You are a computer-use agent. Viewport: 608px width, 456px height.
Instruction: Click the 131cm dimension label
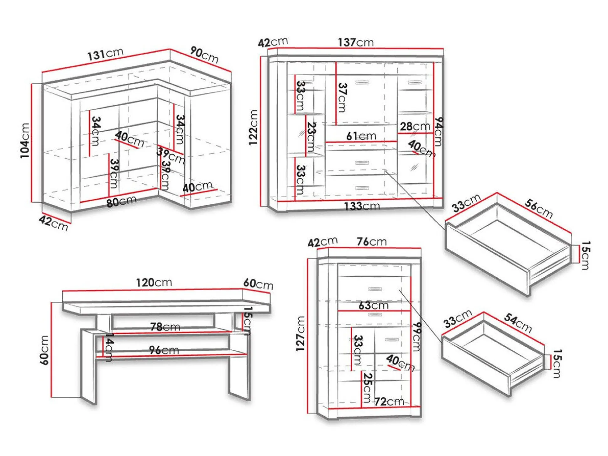tap(105, 54)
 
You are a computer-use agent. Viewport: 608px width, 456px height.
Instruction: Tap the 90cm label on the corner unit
tap(204, 55)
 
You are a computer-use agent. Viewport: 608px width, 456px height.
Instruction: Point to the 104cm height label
tap(25, 140)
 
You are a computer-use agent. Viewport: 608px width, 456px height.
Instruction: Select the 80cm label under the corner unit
tap(121, 201)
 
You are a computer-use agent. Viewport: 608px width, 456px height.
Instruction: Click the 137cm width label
tap(356, 42)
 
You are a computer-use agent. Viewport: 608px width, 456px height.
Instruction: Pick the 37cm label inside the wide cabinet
tap(342, 97)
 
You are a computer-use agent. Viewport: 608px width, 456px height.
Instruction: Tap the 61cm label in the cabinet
tap(361, 136)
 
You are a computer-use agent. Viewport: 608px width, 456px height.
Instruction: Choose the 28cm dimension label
tap(415, 126)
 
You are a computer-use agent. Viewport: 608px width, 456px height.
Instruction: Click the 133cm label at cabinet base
tap(362, 206)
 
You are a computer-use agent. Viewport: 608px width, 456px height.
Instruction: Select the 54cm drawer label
tap(518, 323)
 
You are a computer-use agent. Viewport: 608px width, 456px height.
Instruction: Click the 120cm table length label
tap(154, 282)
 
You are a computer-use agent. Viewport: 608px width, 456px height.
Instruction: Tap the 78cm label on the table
tap(165, 327)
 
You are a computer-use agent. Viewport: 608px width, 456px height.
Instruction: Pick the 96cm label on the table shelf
tap(164, 350)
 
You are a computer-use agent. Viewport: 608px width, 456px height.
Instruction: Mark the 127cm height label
tap(300, 333)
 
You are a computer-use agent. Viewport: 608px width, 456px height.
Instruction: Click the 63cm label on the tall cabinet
tap(373, 305)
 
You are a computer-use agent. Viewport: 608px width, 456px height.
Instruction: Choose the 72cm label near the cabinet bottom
tap(389, 401)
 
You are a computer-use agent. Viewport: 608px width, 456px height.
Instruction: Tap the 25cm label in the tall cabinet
tap(367, 388)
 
